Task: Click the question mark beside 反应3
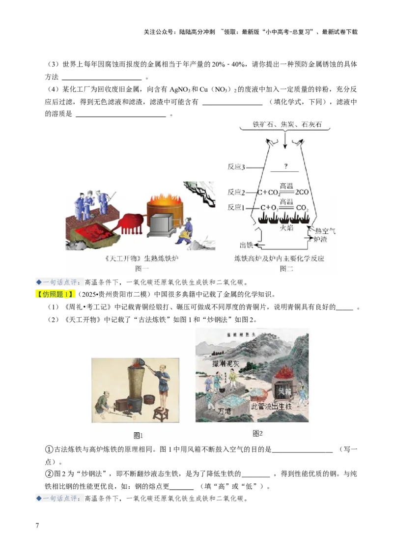[x=285, y=166]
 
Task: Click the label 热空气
[x=325, y=230]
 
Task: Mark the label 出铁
[x=246, y=245]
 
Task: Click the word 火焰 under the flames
[x=286, y=227]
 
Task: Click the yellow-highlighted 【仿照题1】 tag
[x=56, y=295]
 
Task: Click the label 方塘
[x=224, y=411]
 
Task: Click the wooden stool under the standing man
[x=161, y=414]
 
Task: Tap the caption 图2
[x=258, y=433]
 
